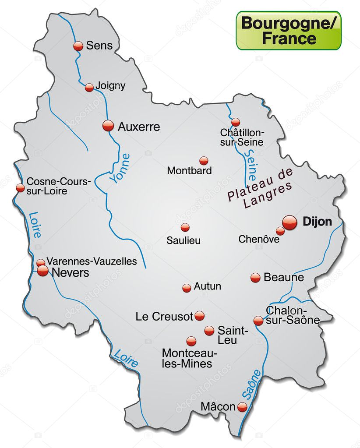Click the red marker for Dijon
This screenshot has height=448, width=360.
[289, 222]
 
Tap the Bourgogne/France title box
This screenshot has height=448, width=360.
[289, 30]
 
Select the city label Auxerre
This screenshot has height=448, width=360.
[139, 127]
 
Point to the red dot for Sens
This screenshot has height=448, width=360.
[78, 46]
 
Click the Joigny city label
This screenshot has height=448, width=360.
[111, 85]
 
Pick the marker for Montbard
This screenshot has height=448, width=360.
[204, 161]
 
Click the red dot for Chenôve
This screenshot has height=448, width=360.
[280, 231]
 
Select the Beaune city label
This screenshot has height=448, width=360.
[283, 278]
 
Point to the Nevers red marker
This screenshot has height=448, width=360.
[42, 271]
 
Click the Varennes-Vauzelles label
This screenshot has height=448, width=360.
[92, 261]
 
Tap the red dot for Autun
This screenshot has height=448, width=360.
[187, 288]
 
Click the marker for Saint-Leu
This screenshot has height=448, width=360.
[209, 331]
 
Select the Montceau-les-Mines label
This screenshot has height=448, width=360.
[187, 358]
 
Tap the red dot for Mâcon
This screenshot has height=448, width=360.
[242, 407]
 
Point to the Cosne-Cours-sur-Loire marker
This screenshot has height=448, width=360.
[20, 187]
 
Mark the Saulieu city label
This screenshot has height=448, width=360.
[184, 240]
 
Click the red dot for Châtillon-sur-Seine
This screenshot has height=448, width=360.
[236, 122]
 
